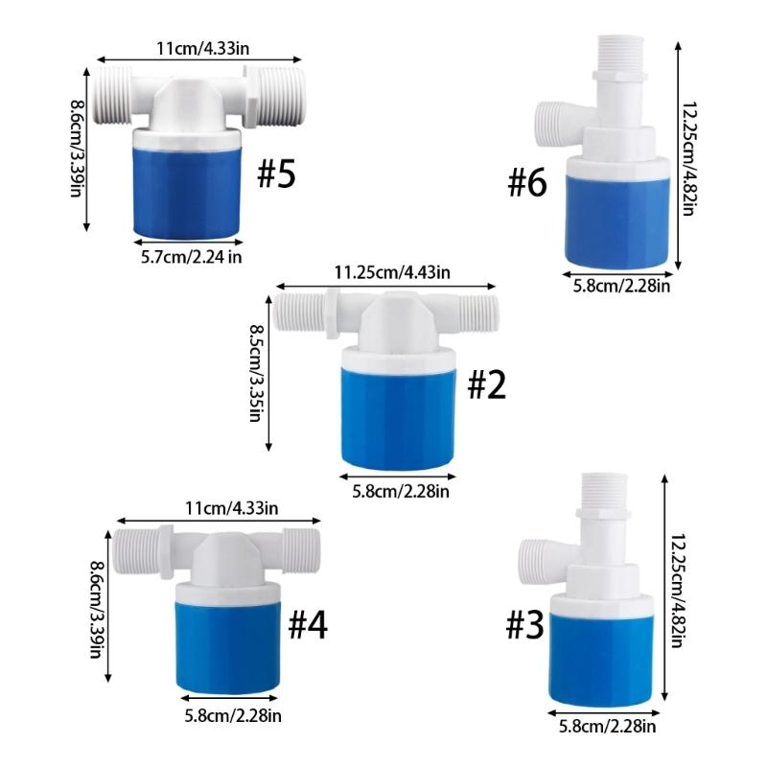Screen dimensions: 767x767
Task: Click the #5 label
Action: [278, 175]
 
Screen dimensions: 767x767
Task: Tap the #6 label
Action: [527, 182]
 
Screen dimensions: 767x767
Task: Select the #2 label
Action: [485, 385]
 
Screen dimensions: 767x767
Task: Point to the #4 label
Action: [308, 625]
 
